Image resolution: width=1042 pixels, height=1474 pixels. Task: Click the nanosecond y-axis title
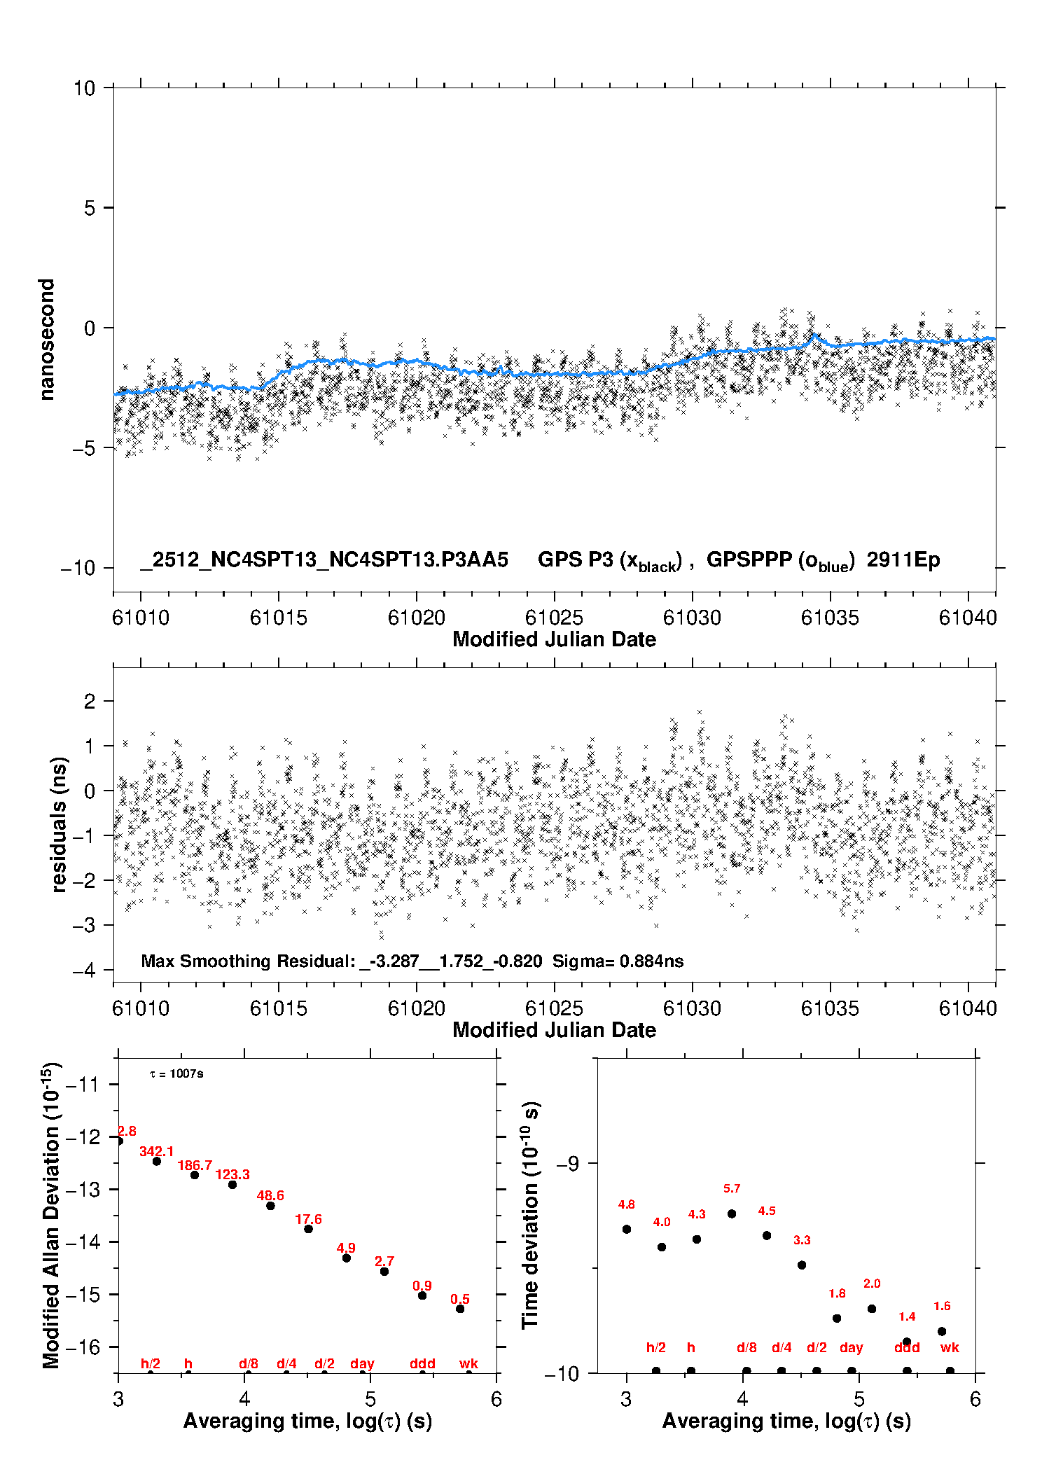(x=46, y=340)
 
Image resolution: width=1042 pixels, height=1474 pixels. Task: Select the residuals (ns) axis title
(x=60, y=824)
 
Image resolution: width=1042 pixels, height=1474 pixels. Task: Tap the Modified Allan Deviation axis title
(x=50, y=1215)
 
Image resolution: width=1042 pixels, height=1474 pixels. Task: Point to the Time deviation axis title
(x=530, y=1215)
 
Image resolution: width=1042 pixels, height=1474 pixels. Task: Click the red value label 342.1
(x=156, y=1151)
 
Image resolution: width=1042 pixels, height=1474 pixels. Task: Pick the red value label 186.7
(x=195, y=1165)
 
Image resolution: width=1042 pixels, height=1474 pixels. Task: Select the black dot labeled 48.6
(x=270, y=1206)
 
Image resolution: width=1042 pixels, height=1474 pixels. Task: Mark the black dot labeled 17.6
(x=308, y=1229)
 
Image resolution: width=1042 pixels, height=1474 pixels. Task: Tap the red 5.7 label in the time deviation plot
(x=732, y=1188)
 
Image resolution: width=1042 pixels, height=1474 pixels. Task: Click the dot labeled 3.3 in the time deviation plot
(x=802, y=1265)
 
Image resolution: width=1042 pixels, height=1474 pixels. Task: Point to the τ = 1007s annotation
(x=176, y=1073)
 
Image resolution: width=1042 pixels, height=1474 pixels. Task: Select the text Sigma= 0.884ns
(x=618, y=961)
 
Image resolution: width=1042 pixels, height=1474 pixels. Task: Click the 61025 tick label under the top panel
(x=554, y=618)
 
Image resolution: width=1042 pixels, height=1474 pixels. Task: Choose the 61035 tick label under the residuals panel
(x=830, y=1008)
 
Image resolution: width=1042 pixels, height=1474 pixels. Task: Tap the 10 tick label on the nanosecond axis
(x=84, y=88)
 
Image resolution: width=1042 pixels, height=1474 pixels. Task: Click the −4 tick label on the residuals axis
(x=84, y=970)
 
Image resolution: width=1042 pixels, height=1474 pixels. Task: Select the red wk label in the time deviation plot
(x=950, y=1347)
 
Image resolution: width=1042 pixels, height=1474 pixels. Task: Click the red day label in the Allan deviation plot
(x=362, y=1363)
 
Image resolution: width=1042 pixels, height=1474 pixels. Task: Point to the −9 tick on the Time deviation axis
(x=568, y=1163)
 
